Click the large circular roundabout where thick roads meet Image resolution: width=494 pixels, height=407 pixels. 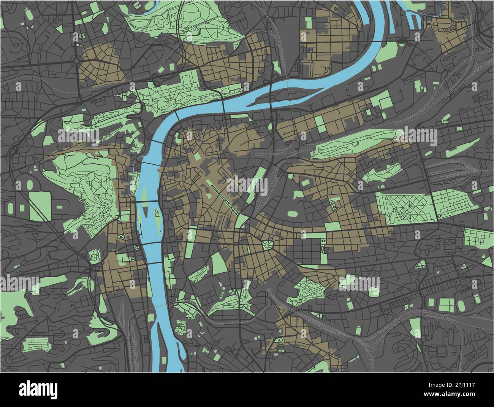(76, 61)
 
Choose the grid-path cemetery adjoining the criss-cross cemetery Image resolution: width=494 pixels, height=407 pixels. (454, 204)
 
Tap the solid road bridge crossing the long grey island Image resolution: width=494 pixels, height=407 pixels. (270, 95)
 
